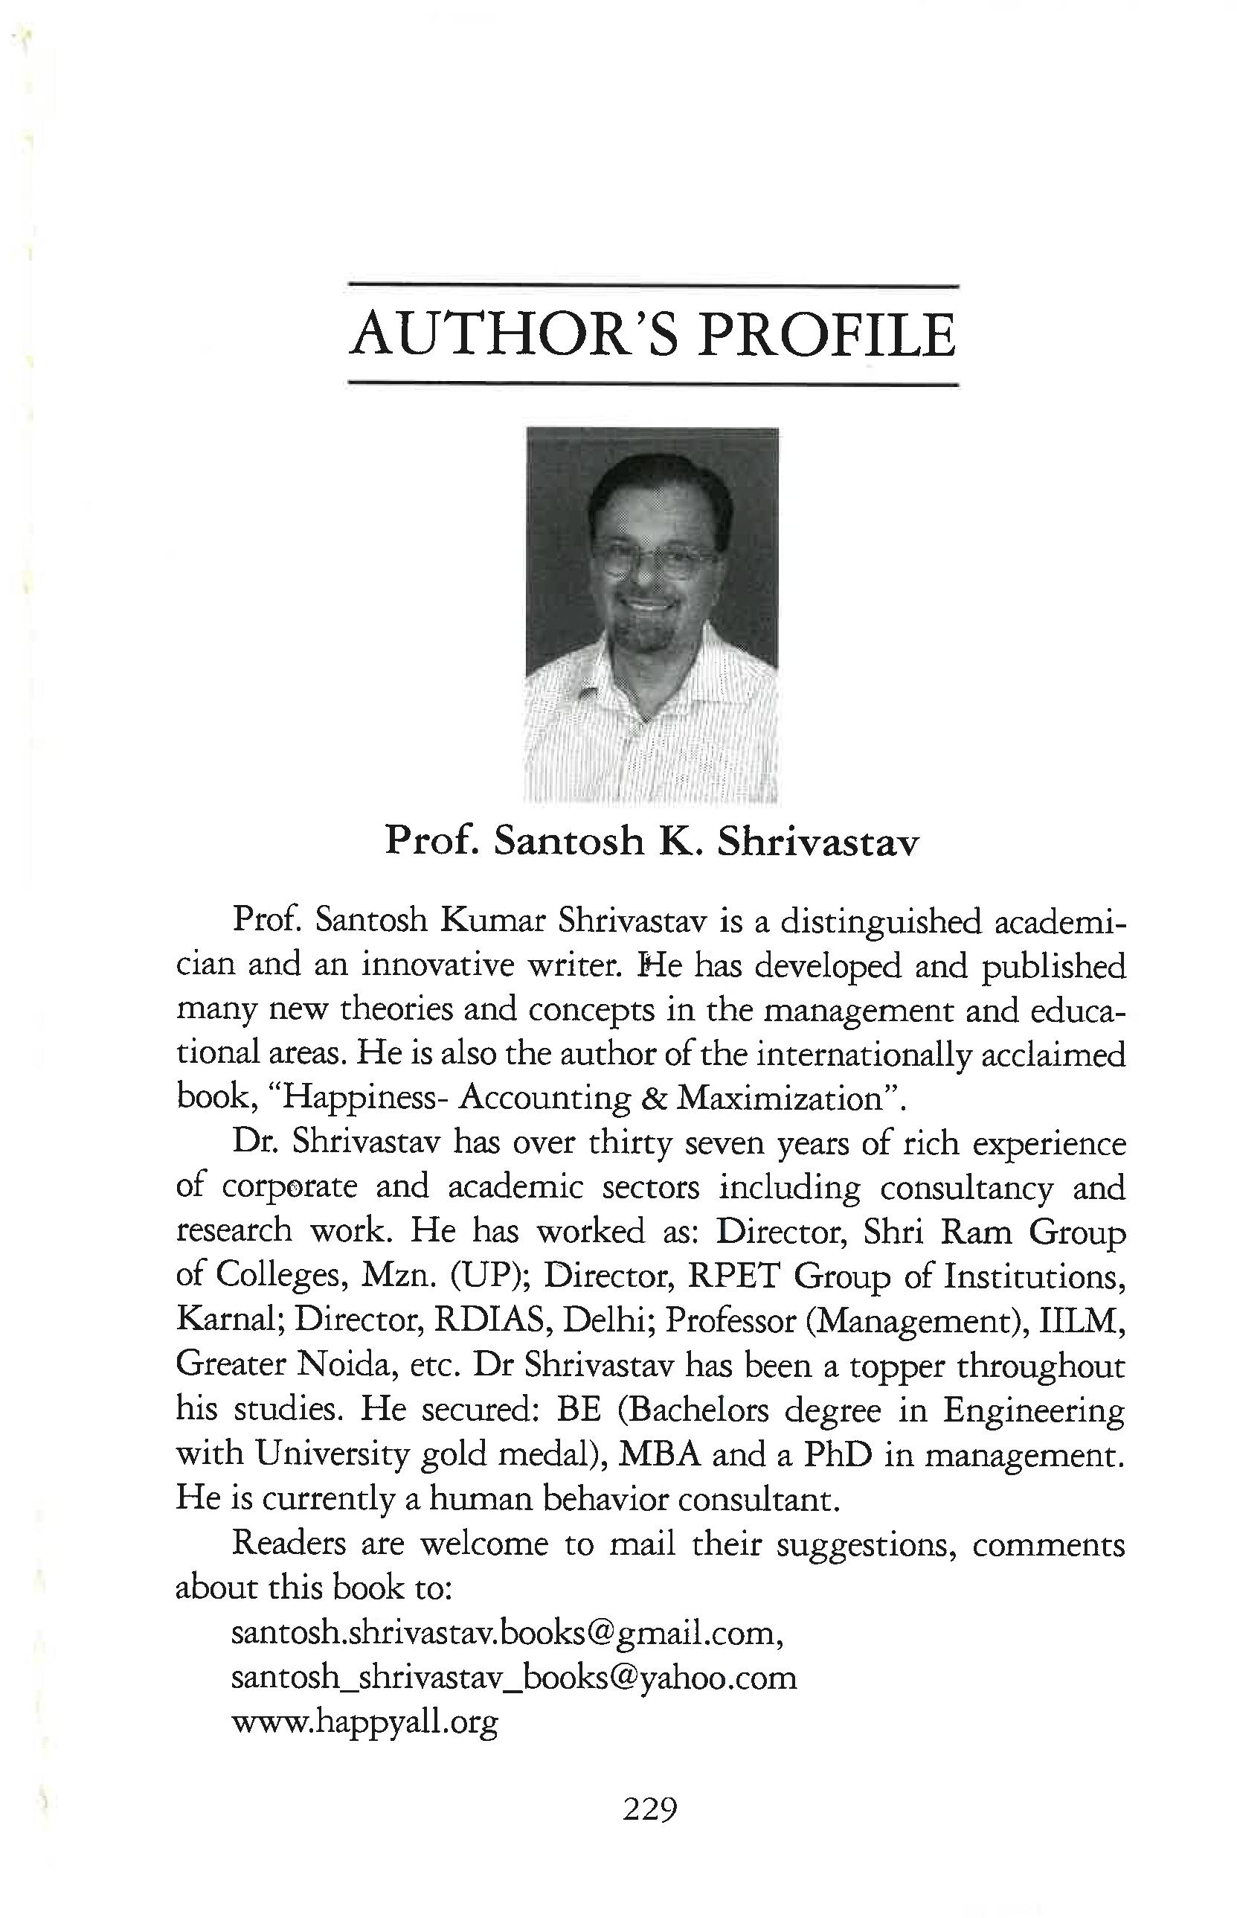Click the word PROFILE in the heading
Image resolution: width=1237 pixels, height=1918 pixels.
tap(826, 335)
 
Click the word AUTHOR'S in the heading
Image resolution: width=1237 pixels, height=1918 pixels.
tap(514, 335)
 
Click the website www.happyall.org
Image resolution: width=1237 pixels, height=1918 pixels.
tap(364, 1722)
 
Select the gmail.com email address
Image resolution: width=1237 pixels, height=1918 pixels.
tap(506, 1634)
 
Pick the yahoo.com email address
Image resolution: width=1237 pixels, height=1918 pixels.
tap(514, 1678)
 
